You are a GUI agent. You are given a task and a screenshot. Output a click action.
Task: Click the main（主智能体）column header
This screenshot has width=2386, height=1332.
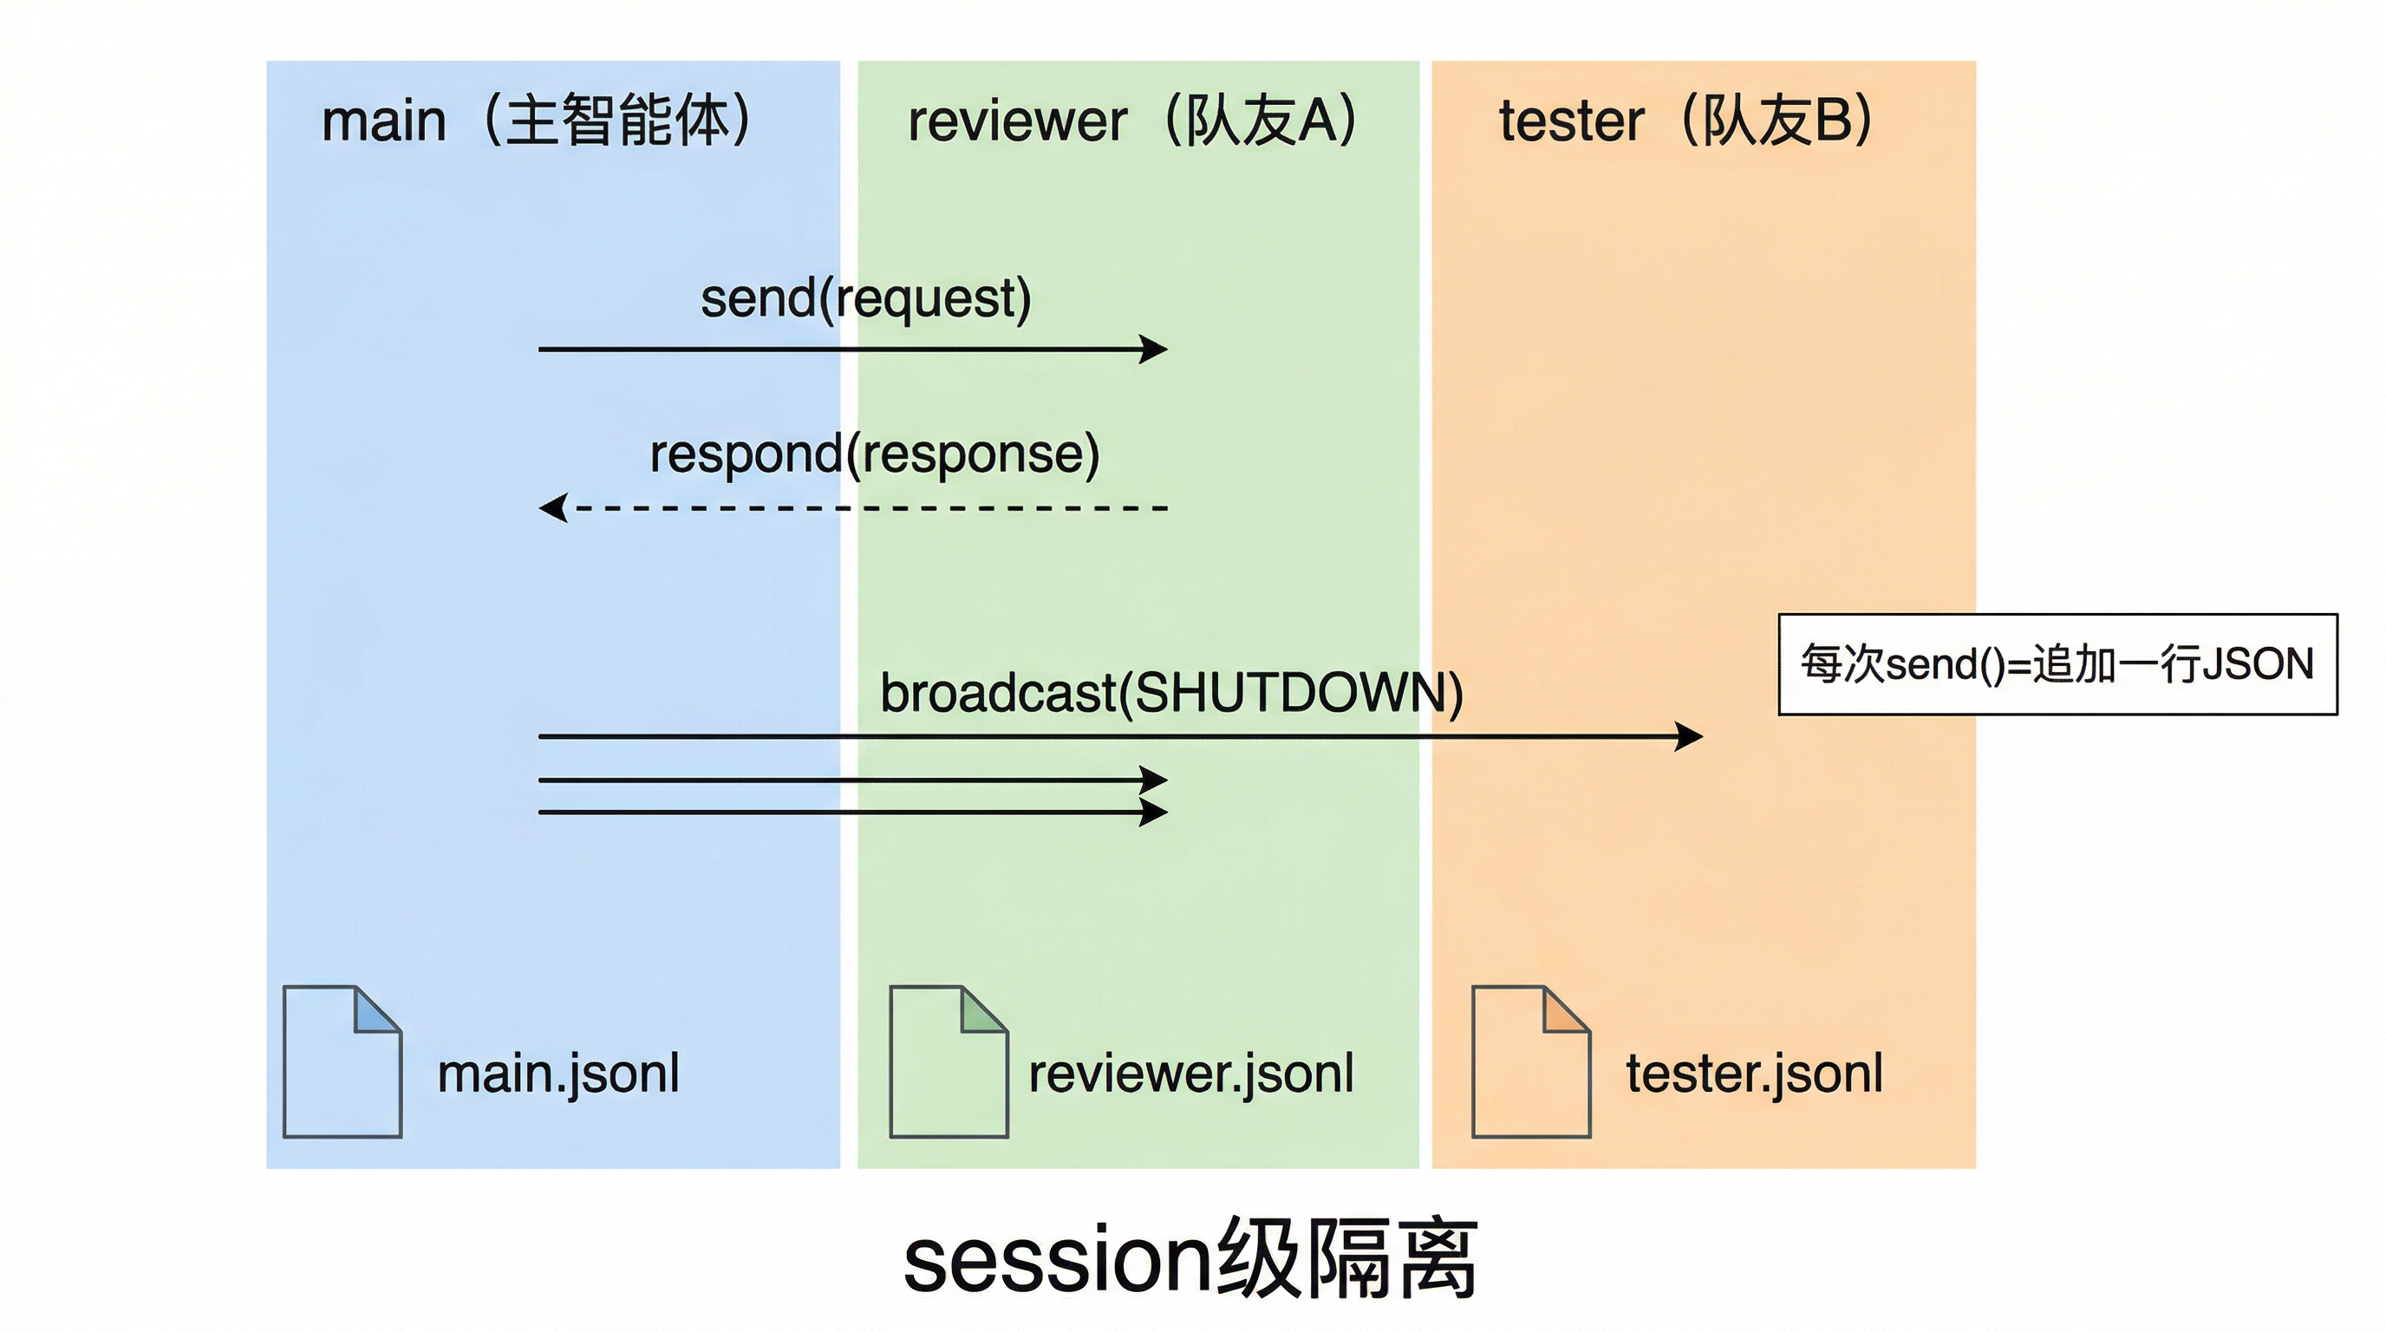click(x=537, y=121)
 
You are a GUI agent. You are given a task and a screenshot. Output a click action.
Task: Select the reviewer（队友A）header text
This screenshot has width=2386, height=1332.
click(x=1131, y=121)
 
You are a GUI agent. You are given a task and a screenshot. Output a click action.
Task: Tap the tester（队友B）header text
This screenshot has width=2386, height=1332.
click(x=1685, y=121)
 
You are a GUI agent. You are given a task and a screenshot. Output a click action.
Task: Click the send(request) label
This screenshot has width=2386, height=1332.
click(x=865, y=298)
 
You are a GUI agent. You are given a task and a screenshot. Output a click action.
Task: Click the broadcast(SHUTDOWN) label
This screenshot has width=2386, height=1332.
click(x=1170, y=693)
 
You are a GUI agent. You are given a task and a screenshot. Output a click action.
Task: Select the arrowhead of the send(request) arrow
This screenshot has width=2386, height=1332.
click(x=1154, y=349)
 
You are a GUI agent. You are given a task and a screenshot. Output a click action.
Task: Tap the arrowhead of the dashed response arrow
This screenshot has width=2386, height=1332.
click(x=554, y=507)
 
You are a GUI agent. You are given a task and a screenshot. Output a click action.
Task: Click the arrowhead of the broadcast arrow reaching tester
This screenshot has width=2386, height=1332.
click(x=1690, y=736)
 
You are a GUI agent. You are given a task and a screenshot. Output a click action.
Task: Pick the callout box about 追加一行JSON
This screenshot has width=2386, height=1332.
click(x=2057, y=664)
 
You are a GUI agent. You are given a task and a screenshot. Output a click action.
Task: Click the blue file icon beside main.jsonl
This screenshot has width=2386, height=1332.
click(x=341, y=1061)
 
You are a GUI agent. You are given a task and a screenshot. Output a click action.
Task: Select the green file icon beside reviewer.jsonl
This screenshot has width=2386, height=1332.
click(x=948, y=1061)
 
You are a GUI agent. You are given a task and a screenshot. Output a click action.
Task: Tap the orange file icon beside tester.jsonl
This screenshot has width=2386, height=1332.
click(x=1530, y=1061)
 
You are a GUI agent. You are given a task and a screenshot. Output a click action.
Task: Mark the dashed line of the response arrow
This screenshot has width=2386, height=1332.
click(x=870, y=507)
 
